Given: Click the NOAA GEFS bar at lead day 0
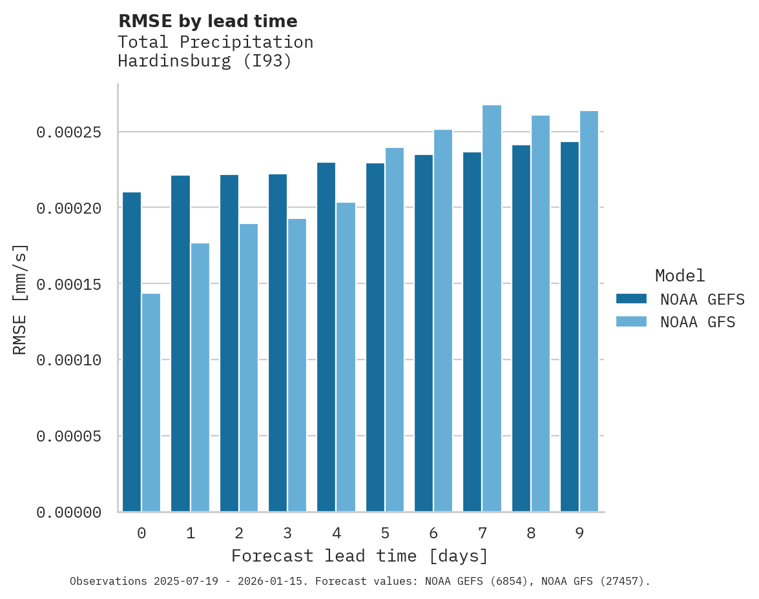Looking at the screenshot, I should (132, 352).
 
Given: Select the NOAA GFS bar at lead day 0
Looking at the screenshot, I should (151, 403).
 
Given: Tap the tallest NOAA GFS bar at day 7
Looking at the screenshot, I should (492, 309).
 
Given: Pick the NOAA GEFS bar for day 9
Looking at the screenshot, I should (570, 327).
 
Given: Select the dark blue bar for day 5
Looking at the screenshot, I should (375, 338).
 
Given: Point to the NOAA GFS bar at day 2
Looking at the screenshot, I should (249, 368).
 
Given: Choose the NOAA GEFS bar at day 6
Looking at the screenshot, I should (424, 333).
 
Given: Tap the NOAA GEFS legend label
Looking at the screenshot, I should (698, 299).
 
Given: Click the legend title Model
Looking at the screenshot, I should (680, 276).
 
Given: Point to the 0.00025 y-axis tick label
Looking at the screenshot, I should (69, 132).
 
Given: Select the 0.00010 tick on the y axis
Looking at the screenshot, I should (69, 360).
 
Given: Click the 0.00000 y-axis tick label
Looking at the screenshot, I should (69, 513).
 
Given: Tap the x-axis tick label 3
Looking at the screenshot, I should (287, 533).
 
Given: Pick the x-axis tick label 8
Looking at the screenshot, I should (531, 533).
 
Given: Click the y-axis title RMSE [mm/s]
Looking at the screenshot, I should (20, 299).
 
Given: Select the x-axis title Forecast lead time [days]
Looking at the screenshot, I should (360, 556).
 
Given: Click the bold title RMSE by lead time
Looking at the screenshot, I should (208, 21).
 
